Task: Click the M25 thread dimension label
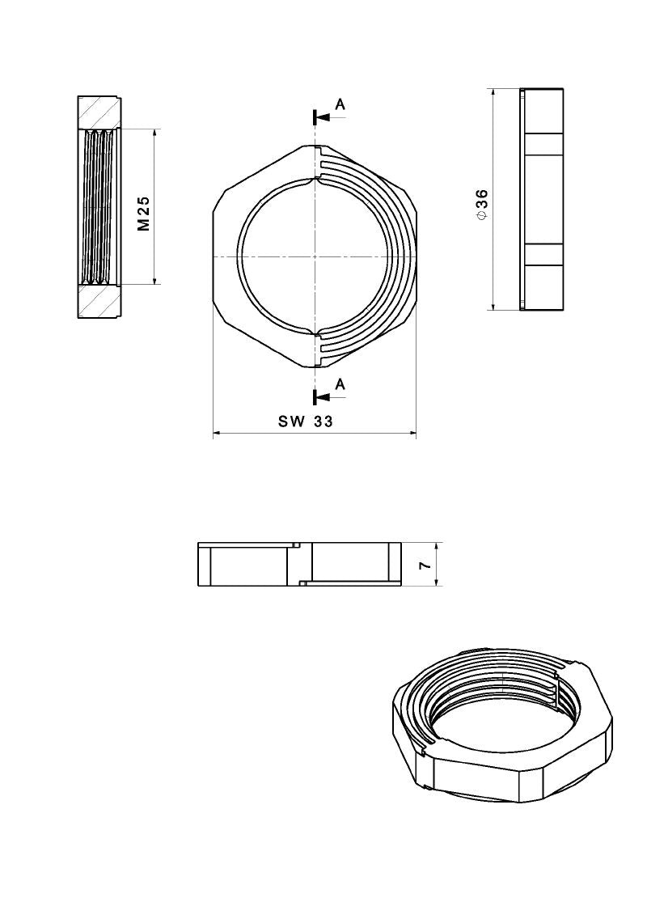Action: [144, 214]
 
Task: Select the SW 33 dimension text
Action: [306, 421]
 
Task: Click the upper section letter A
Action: [340, 104]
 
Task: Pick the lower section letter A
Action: [340, 384]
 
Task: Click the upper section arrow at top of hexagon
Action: [322, 117]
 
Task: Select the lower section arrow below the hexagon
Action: [322, 396]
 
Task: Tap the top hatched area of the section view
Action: [100, 112]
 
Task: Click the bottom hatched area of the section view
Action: [100, 302]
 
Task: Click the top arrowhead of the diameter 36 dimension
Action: [493, 92]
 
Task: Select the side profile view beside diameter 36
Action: [542, 199]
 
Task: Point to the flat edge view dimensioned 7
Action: [299, 563]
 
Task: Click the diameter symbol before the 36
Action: [482, 217]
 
